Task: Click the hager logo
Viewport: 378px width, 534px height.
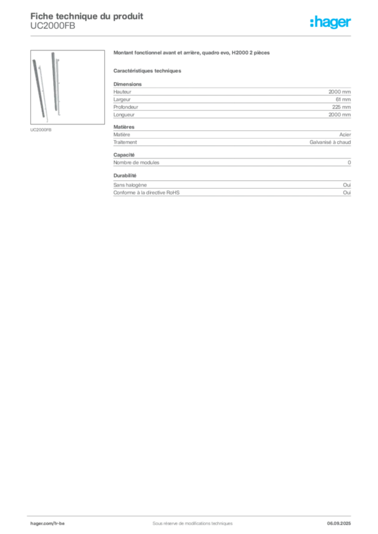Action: pyautogui.click(x=330, y=22)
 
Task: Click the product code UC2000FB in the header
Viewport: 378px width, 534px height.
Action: pyautogui.click(x=53, y=26)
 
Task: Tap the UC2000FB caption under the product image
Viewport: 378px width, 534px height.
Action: pyautogui.click(x=41, y=130)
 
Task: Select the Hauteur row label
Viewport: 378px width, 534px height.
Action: pyautogui.click(x=122, y=92)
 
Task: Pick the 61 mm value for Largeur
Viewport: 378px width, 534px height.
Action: pyautogui.click(x=343, y=100)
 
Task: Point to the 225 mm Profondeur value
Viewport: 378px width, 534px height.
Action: pyautogui.click(x=341, y=107)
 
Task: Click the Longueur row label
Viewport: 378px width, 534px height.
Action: pyautogui.click(x=124, y=115)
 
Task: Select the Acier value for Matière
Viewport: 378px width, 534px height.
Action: pyautogui.click(x=345, y=135)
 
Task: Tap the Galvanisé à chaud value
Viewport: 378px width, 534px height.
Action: pyautogui.click(x=330, y=142)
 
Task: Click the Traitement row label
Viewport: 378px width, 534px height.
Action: pyautogui.click(x=125, y=142)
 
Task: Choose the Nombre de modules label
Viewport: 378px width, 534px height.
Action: pyautogui.click(x=136, y=163)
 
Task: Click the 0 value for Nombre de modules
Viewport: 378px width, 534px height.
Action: pyautogui.click(x=349, y=163)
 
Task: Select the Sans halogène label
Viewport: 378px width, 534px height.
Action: pyautogui.click(x=130, y=185)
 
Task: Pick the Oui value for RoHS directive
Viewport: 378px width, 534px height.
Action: pyautogui.click(x=347, y=193)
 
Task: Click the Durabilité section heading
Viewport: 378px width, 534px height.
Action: pyautogui.click(x=125, y=176)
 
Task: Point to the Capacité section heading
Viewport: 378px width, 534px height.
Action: pyautogui.click(x=124, y=155)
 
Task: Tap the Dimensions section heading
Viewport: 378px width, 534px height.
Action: pyautogui.click(x=127, y=84)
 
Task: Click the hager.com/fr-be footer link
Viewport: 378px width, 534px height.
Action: pyautogui.click(x=48, y=524)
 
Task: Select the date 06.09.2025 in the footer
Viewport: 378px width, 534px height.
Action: pyautogui.click(x=339, y=524)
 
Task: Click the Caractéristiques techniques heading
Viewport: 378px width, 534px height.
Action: pyautogui.click(x=147, y=71)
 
